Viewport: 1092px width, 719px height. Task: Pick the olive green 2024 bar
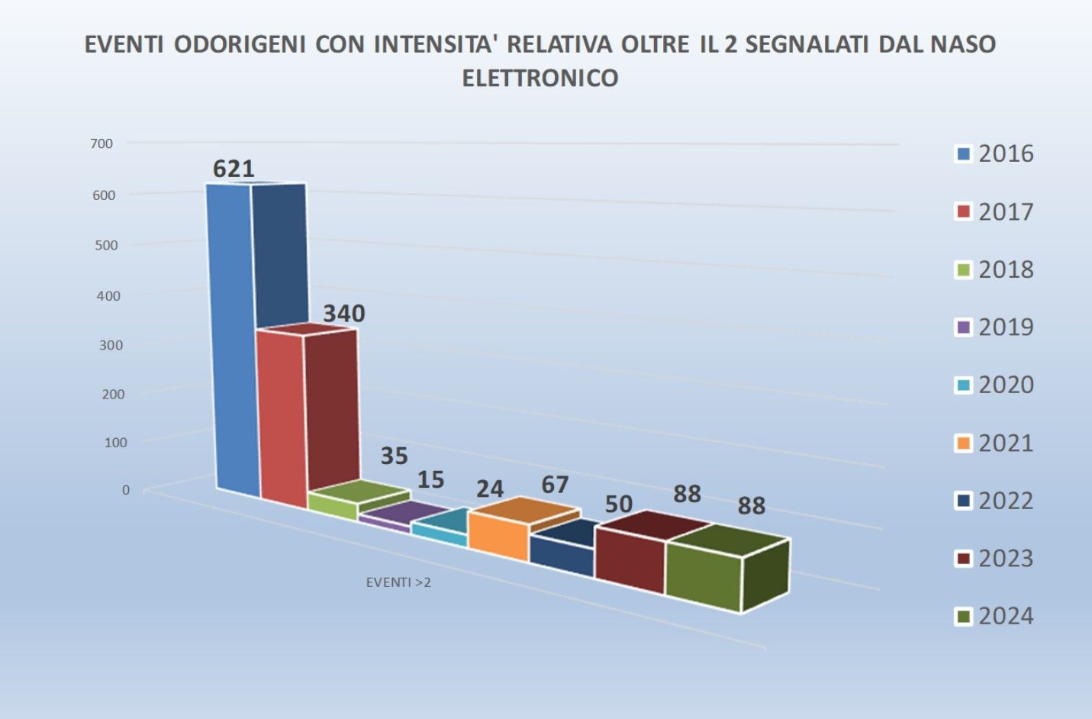point(702,576)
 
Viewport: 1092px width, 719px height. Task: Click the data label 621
point(234,169)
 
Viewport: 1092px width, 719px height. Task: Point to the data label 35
point(395,456)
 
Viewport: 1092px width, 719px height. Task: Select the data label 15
point(430,479)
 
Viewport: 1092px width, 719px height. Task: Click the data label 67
point(555,485)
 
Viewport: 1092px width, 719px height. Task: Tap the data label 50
point(619,504)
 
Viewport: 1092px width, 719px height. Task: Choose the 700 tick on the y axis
point(101,143)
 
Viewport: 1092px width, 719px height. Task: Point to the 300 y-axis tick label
point(110,345)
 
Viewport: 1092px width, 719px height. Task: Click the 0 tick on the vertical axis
point(126,490)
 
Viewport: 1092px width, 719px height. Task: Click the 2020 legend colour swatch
point(964,385)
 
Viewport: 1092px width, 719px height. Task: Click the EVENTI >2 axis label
point(398,582)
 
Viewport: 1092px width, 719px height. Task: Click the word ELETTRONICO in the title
point(540,78)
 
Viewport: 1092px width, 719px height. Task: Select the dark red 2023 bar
point(630,559)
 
